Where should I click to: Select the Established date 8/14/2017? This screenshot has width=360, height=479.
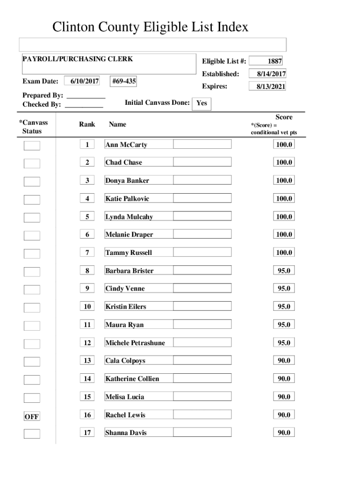[268, 74]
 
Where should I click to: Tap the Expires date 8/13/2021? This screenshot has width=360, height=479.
[268, 87]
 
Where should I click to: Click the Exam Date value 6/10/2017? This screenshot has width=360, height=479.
[82, 81]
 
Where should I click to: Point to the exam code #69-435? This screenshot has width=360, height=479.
[124, 81]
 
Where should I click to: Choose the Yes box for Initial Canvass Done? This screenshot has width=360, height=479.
[202, 103]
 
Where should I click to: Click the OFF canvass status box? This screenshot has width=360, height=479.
[32, 416]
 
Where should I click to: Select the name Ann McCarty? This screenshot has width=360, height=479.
[126, 145]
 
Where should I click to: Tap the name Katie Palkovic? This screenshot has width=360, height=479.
[127, 199]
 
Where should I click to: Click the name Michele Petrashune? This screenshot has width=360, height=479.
[135, 343]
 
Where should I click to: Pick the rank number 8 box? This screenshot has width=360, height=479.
[87, 270]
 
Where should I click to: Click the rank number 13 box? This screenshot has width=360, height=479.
[87, 361]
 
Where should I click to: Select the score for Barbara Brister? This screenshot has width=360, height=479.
[284, 270]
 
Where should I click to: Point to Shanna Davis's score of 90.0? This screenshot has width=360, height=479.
[284, 433]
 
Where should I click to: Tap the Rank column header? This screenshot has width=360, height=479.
[87, 124]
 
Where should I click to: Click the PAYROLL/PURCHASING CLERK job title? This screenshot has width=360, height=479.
[78, 59]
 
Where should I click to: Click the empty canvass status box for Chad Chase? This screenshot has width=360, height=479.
[32, 163]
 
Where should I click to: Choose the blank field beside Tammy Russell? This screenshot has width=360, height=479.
[202, 252]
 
